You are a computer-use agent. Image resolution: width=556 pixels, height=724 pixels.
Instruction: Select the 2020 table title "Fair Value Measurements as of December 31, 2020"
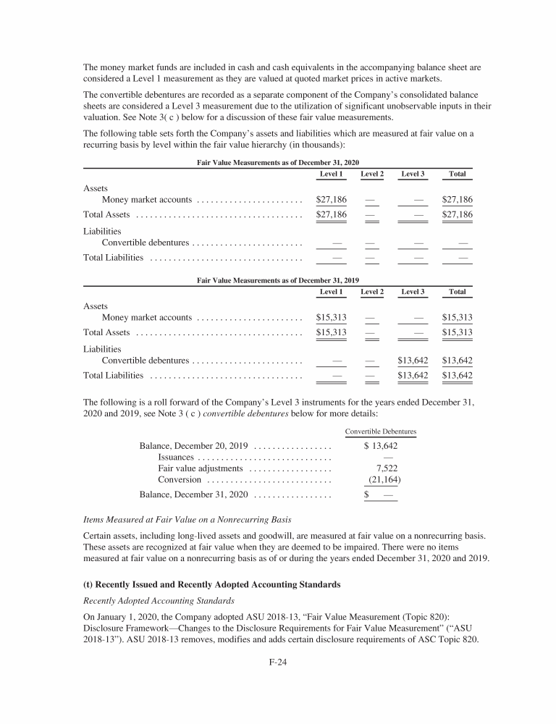point(278,164)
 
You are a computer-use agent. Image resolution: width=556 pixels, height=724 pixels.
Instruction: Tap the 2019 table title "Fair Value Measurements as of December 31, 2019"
point(278,280)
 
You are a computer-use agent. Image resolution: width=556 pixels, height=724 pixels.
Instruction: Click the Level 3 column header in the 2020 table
point(413,174)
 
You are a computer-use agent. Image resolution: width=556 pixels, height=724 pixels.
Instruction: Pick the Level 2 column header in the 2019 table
point(372,291)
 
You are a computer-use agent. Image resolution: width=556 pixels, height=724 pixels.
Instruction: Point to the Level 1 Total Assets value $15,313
point(332,332)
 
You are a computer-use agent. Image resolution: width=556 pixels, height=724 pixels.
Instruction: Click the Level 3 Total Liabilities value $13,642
point(413,375)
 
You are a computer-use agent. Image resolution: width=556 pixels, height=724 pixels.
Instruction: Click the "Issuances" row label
point(176,457)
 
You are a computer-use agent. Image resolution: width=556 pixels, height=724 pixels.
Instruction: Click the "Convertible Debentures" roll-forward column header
point(380,432)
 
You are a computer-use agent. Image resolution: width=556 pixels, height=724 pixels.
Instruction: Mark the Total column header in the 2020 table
point(457,174)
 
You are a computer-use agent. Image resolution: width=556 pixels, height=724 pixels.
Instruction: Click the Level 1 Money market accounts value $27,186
point(332,199)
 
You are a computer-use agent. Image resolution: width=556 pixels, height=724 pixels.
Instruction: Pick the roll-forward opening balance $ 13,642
point(380,445)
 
